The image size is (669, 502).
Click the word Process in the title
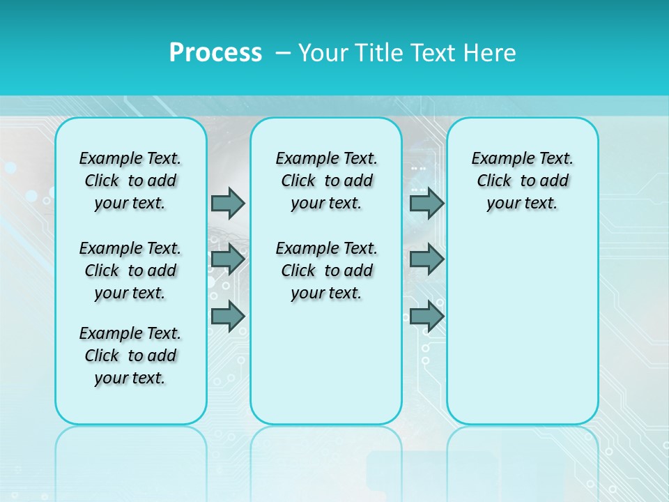(215, 52)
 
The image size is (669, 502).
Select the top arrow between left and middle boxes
(228, 203)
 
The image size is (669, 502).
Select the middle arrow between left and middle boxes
(228, 259)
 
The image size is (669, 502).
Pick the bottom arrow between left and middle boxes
(228, 316)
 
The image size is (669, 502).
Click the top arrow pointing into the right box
(426, 203)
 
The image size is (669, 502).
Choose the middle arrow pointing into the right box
(426, 259)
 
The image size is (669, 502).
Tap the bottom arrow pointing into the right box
(426, 316)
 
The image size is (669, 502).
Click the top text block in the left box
(130, 181)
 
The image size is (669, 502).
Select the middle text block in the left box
(130, 271)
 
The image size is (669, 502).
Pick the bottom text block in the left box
(130, 356)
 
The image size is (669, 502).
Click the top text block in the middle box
(326, 181)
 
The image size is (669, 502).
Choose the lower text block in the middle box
(326, 271)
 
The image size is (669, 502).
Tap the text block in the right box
(522, 181)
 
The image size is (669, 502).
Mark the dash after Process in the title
(283, 52)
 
